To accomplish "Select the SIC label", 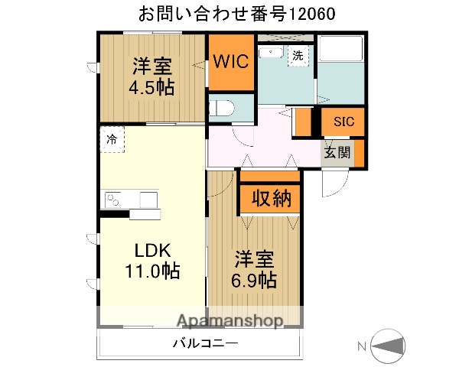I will [342, 121].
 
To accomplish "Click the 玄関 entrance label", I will [337, 152].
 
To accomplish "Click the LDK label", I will [153, 251].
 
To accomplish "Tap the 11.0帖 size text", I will [153, 271].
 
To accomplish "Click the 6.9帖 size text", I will [255, 280].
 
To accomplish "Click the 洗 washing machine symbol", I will [297, 56].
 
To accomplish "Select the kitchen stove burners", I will [112, 200].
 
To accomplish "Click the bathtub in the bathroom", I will [340, 52].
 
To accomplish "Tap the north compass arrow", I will [389, 346].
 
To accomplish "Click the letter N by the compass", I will [361, 346].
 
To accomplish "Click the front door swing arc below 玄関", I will [334, 180].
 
